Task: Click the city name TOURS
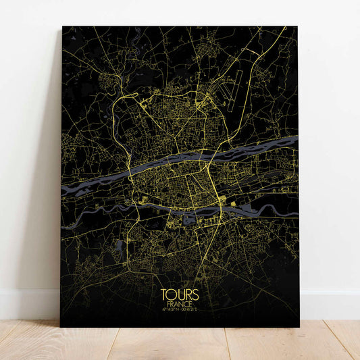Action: click(x=180, y=294)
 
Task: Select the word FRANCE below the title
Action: click(x=180, y=304)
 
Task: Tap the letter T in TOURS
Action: click(x=165, y=294)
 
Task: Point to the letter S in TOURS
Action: click(x=195, y=294)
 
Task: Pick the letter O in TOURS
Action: click(x=172, y=294)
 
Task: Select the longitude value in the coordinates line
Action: click(x=190, y=310)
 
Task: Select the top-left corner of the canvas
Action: click(x=63, y=27)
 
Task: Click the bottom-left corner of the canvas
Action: click(x=61, y=326)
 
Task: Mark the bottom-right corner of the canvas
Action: click(x=299, y=327)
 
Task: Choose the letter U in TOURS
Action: click(x=180, y=294)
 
